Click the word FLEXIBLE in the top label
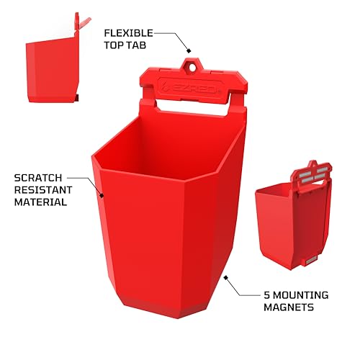point(127,33)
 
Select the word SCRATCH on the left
point(39,176)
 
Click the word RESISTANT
point(43,189)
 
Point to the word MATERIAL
point(41,202)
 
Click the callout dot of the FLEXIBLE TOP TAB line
point(188,50)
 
